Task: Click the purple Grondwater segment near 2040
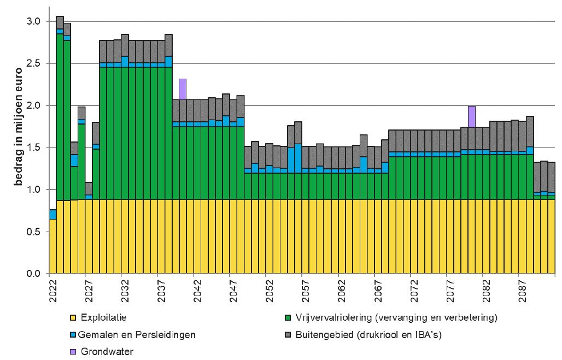183,89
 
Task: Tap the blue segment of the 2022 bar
52,214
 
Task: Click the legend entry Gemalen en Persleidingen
137,334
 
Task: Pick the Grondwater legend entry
107,351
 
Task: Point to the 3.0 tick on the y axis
34,21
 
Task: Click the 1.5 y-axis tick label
34,147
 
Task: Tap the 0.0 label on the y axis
34,274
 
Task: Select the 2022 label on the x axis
52,288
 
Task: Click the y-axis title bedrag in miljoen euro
17,126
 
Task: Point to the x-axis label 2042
197,288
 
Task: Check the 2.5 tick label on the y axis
34,63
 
